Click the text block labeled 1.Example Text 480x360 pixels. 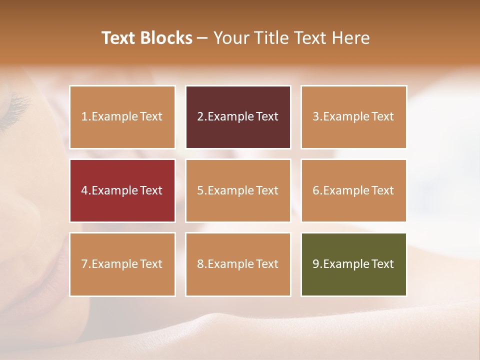(122, 117)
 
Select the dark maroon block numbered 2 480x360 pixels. (238, 117)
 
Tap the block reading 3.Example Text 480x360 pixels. (353, 117)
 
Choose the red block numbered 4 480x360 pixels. (122, 190)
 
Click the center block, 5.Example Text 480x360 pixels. (238, 190)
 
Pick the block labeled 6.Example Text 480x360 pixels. (353, 190)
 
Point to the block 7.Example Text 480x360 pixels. (122, 264)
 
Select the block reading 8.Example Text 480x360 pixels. (238, 264)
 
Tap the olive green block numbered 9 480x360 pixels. (353, 264)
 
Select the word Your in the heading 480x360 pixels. (231, 38)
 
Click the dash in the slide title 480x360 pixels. (203, 38)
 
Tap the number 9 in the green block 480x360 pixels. (315, 264)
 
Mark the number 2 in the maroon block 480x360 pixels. (200, 117)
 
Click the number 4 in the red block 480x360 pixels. (84, 190)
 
